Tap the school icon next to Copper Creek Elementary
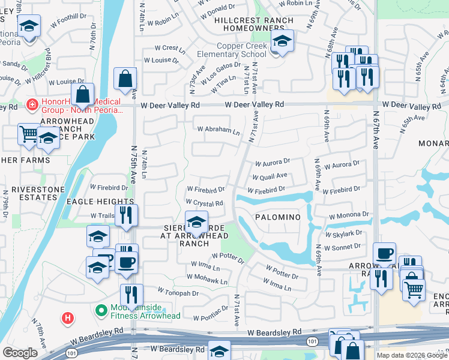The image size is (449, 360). pos(282,41)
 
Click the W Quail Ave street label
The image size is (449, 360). pos(270,177)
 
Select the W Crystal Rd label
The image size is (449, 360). pos(205,203)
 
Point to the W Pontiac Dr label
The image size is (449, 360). pos(210,312)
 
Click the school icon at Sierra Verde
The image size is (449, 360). pos(196,223)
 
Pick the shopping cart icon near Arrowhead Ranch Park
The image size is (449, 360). pos(29,134)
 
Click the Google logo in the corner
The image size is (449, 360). pos(20,353)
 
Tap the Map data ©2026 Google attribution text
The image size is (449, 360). pos(412,355)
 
